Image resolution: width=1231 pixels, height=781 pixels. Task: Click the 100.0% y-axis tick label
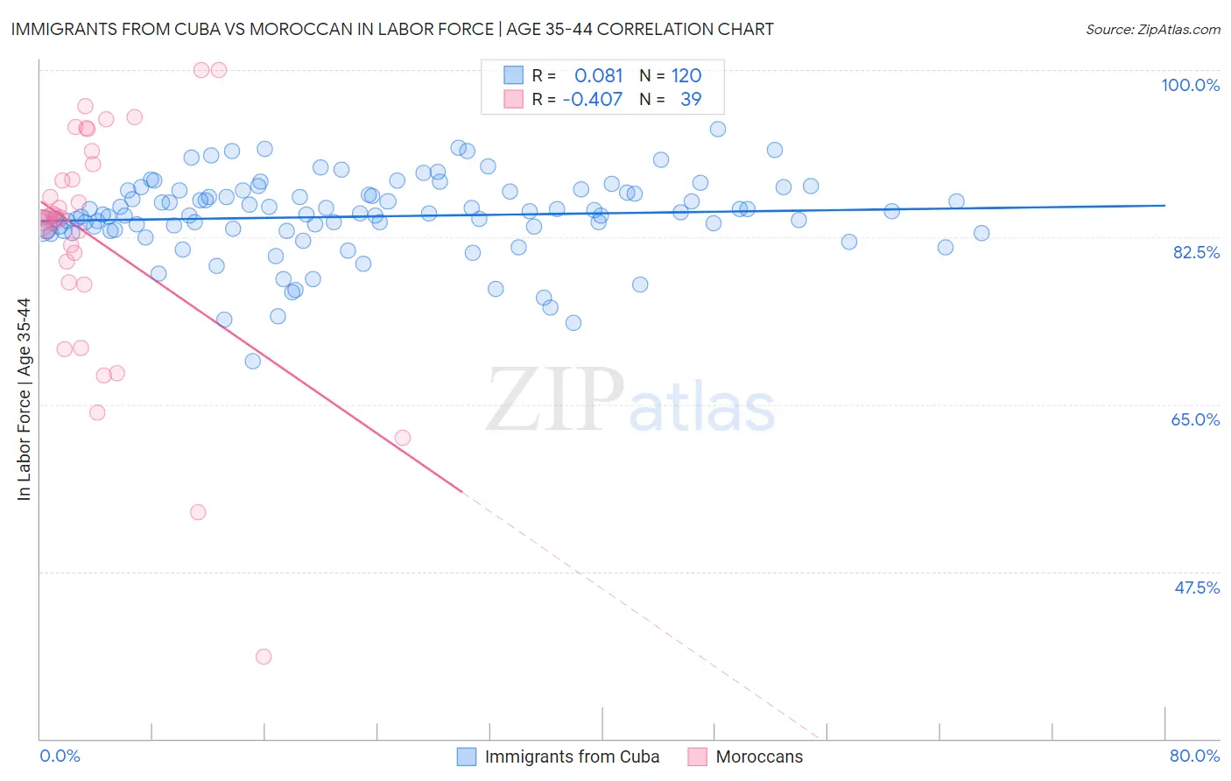[x=1190, y=85]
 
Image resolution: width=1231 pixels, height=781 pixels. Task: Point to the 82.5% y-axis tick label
[x=1196, y=252]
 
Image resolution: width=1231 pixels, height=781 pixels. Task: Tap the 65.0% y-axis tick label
[x=1195, y=419]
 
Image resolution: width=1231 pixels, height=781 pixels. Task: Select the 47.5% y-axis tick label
[x=1196, y=588]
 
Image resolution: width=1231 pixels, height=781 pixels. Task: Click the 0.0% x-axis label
[x=60, y=756]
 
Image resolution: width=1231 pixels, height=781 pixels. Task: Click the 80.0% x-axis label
[x=1194, y=756]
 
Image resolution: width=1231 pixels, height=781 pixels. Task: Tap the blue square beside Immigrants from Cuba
[x=467, y=756]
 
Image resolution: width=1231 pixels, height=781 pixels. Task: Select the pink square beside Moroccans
[x=697, y=756]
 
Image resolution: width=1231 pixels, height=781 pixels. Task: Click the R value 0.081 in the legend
[x=598, y=75]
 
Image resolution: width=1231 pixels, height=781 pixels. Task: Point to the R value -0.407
[x=592, y=99]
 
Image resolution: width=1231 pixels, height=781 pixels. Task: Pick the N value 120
[x=686, y=75]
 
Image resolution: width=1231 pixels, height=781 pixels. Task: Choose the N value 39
[x=691, y=99]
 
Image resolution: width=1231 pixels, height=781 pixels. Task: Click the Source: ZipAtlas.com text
[x=1152, y=30]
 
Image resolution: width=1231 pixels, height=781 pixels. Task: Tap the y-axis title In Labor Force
[x=24, y=399]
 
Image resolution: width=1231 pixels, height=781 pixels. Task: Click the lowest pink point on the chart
[x=264, y=657]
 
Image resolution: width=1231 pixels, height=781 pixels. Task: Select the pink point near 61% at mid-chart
[x=403, y=438]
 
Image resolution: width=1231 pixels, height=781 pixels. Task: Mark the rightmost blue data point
[x=981, y=233]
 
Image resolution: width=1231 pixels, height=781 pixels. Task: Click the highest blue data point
[x=718, y=129]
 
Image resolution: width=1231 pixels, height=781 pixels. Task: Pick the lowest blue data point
[x=253, y=361]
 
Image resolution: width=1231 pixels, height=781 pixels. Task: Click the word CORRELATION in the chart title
[x=658, y=30]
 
